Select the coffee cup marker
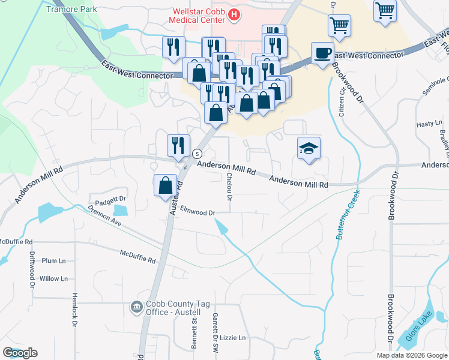point(322,53)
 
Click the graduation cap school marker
point(309,148)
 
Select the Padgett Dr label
point(108,199)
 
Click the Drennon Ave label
point(104,216)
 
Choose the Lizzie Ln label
point(233,338)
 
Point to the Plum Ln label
point(53,260)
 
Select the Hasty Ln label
point(429,124)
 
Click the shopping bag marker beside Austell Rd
point(165,185)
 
